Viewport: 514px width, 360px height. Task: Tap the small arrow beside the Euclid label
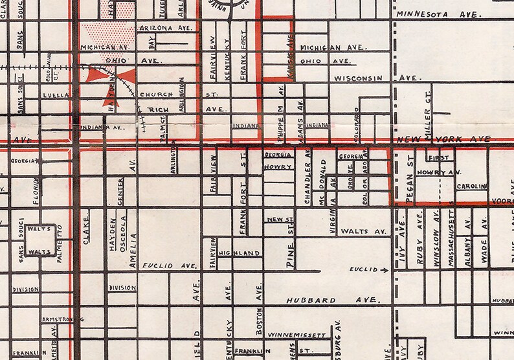[x=385, y=269]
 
